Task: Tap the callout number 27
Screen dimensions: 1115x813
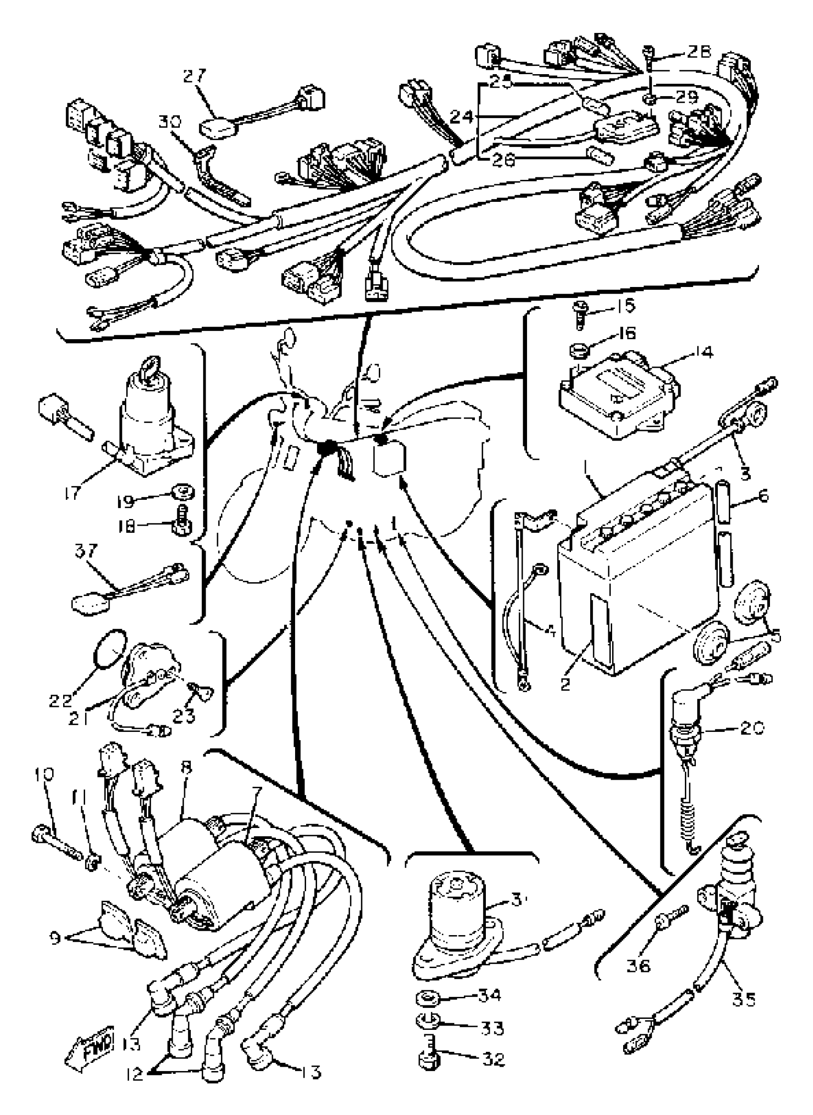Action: tap(195, 77)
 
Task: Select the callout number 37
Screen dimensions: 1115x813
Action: tap(87, 551)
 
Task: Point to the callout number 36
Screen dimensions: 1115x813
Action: tap(638, 966)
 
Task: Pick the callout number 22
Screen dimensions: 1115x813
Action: tap(61, 700)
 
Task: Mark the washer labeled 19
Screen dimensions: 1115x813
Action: tap(183, 492)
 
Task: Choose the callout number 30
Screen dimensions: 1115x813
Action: tap(170, 122)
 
